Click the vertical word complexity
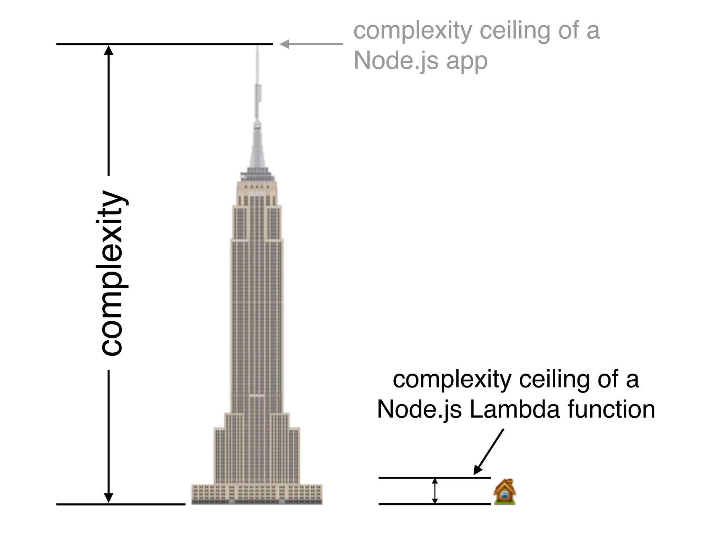(111, 273)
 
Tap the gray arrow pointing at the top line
(311, 44)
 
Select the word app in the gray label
(467, 61)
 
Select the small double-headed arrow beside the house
(435, 491)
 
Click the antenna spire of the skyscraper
(258, 89)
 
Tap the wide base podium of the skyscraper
(257, 494)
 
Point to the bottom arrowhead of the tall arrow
(109, 498)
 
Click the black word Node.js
(419, 409)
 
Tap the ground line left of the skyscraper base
(121, 504)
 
